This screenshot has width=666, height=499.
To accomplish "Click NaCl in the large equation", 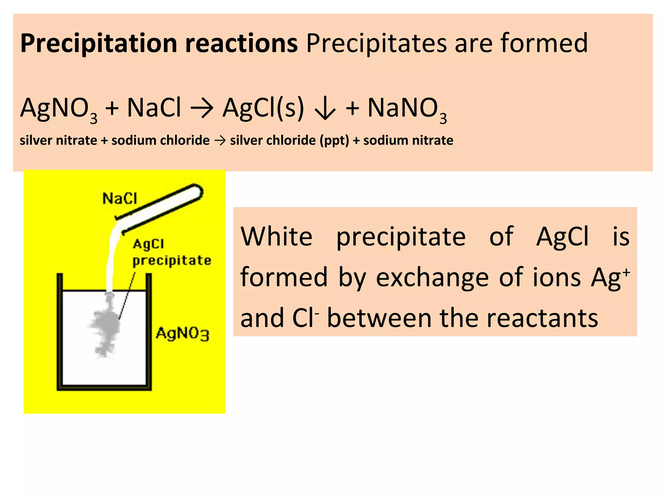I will pyautogui.click(x=153, y=108).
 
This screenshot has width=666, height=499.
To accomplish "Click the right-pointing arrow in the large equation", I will pyautogui.click(x=202, y=109).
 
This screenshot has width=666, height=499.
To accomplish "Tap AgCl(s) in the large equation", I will pyautogui.click(x=263, y=109).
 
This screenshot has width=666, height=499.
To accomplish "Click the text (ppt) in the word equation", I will pyautogui.click(x=334, y=141).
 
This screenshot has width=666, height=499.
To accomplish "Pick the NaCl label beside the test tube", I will pyautogui.click(x=120, y=198).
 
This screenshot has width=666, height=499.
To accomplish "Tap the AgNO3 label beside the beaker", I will pyautogui.click(x=182, y=333).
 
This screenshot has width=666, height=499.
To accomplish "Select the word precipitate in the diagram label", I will pyautogui.click(x=172, y=261).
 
